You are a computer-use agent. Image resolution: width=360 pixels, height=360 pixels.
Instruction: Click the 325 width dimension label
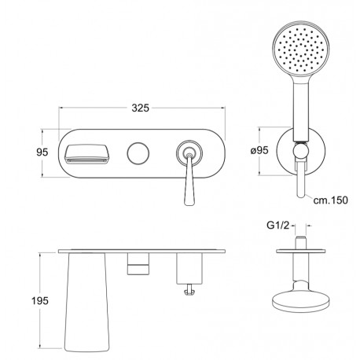[x=140, y=108]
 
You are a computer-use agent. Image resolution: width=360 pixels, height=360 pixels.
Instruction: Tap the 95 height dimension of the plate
[x=42, y=152]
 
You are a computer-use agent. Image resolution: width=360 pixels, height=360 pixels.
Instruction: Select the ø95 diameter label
[x=259, y=150]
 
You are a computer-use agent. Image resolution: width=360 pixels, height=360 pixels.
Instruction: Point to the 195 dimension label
[x=40, y=300]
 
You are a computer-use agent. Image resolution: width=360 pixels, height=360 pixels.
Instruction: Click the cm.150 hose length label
[x=331, y=200]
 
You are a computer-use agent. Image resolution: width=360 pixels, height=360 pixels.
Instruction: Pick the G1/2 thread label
[x=278, y=225]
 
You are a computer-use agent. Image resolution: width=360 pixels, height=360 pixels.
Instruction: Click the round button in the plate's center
[x=138, y=153]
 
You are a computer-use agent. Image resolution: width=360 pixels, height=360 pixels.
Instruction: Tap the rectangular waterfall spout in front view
[x=86, y=154]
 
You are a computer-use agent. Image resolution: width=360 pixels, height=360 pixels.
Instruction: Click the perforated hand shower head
[x=301, y=50]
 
